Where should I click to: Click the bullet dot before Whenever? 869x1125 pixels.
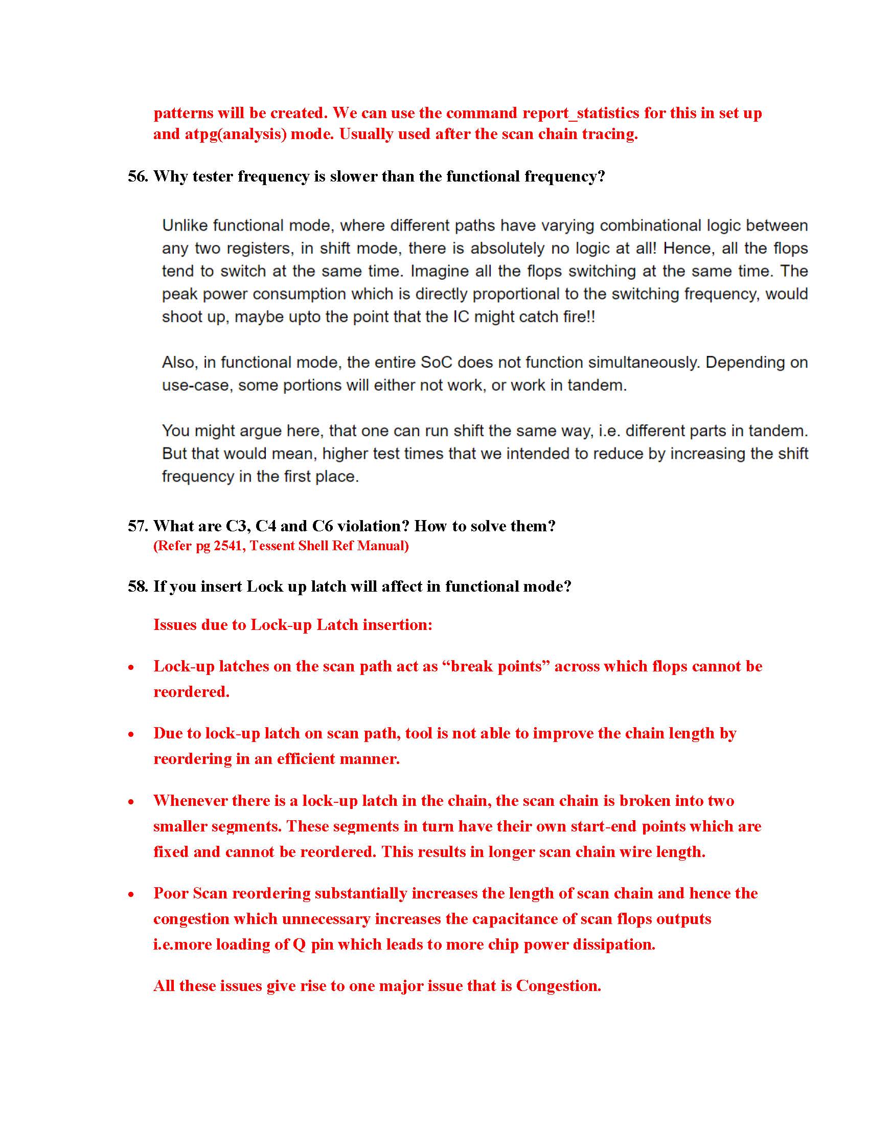point(132,801)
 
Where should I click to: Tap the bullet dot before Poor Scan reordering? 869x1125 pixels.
point(132,894)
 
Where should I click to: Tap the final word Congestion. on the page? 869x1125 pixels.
point(559,986)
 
